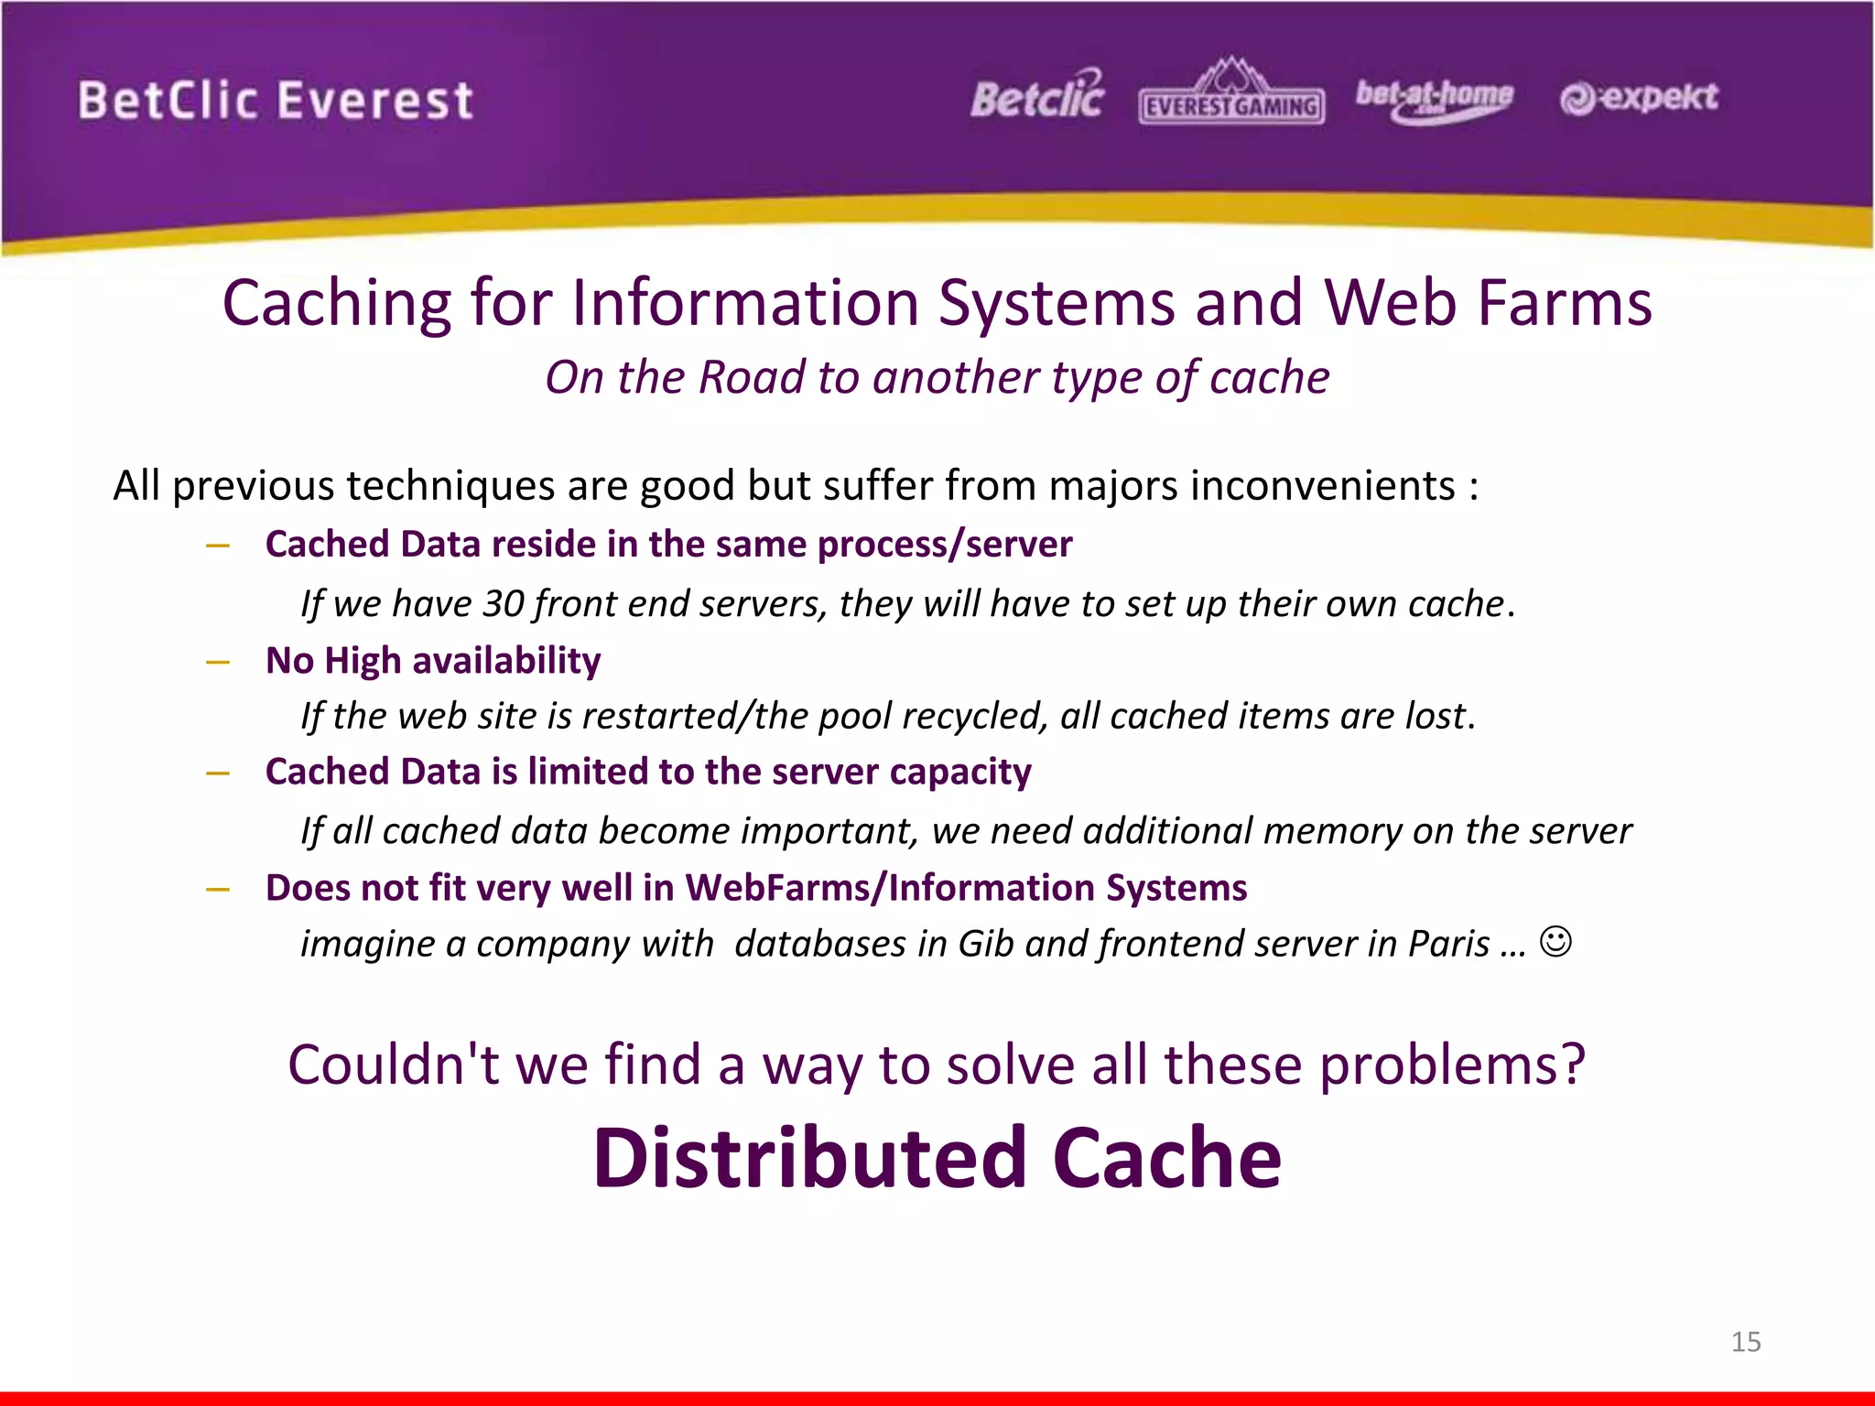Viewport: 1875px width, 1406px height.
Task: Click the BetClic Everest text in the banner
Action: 275,101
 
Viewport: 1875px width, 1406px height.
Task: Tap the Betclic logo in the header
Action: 1037,96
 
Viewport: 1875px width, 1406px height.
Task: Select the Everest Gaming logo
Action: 1231,95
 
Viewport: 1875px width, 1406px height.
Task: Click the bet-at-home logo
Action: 1434,99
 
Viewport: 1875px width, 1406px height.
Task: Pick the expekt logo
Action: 1639,98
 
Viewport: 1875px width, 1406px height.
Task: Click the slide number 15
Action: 1745,1342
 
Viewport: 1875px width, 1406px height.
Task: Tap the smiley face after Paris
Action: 1555,942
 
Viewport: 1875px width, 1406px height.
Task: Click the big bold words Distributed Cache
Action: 937,1158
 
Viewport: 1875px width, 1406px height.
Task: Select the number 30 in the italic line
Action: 503,604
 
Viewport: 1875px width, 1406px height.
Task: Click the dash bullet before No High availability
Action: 218,662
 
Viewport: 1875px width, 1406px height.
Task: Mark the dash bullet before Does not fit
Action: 218,889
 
